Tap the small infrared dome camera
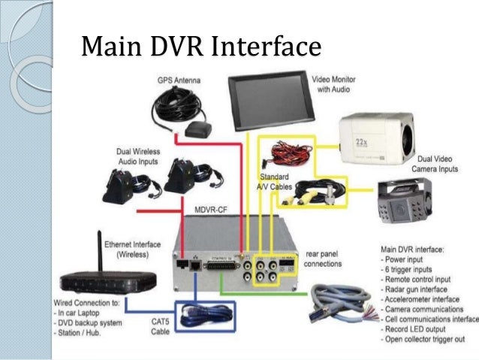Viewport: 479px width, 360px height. coord(410,202)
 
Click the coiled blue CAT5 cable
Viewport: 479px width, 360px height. coord(204,313)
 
